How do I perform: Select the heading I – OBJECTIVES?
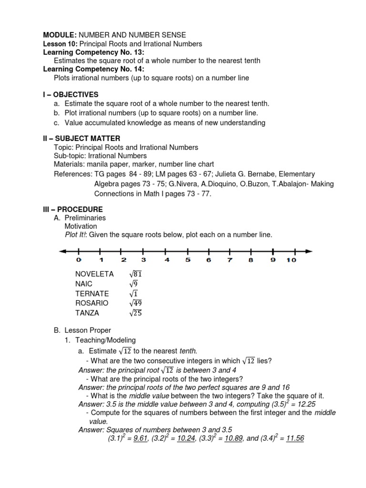pos(71,95)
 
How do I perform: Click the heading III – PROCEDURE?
pos(73,209)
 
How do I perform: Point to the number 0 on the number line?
pos(78,260)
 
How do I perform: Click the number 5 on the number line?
pos(188,260)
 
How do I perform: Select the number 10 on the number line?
pos(291,260)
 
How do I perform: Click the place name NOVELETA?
pos(94,274)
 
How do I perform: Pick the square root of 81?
pos(135,274)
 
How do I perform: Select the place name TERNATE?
pos(92,294)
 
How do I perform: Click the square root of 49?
pos(135,303)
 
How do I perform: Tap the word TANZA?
pos(88,313)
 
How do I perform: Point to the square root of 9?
pos(133,284)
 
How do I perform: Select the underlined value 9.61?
pos(140,439)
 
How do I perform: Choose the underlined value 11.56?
pos(294,439)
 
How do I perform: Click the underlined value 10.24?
pos(186,439)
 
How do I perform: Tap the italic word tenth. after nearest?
pos(188,351)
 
